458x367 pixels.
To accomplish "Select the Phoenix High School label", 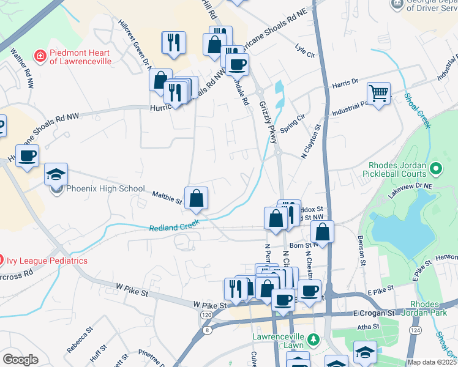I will [105, 189].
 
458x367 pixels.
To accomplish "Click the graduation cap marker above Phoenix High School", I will [56, 174].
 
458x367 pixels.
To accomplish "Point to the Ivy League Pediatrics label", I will [47, 261].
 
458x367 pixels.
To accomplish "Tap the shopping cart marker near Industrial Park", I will [378, 94].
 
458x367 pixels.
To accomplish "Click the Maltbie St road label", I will [167, 198].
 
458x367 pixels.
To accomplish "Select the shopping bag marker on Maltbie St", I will [197, 198].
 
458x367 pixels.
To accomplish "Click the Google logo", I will [20, 359].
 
